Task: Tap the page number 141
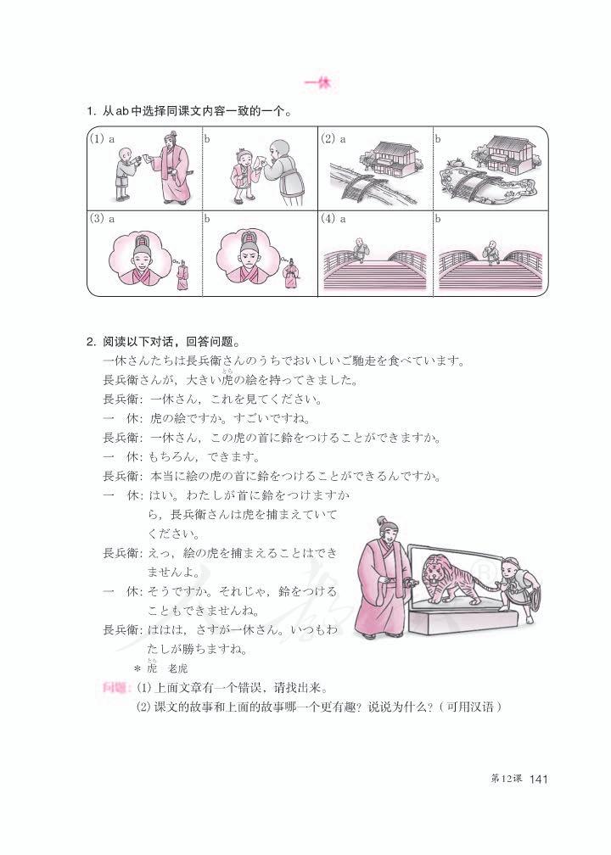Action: click(x=540, y=780)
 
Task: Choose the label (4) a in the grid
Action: click(x=334, y=218)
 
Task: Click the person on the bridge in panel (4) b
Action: click(x=490, y=250)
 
